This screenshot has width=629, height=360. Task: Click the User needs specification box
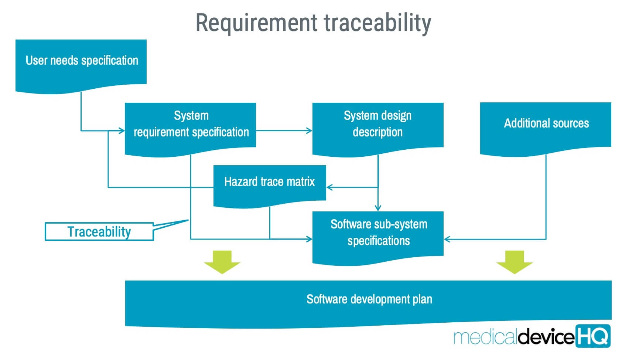coord(81,63)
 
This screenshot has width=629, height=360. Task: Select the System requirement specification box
coord(191,126)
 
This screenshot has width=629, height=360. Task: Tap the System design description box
coord(377,126)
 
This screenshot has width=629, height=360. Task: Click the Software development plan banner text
coord(369,299)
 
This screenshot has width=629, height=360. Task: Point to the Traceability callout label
coord(99,232)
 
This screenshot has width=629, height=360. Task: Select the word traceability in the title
coord(377,23)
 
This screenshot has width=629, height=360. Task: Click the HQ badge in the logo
coord(592,336)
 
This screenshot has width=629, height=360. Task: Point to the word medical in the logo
coord(485,337)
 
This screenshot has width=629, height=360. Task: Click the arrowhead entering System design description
coord(309,130)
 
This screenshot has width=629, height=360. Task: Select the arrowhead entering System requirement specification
coord(122,130)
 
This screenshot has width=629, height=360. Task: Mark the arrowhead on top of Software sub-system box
coord(378,208)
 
